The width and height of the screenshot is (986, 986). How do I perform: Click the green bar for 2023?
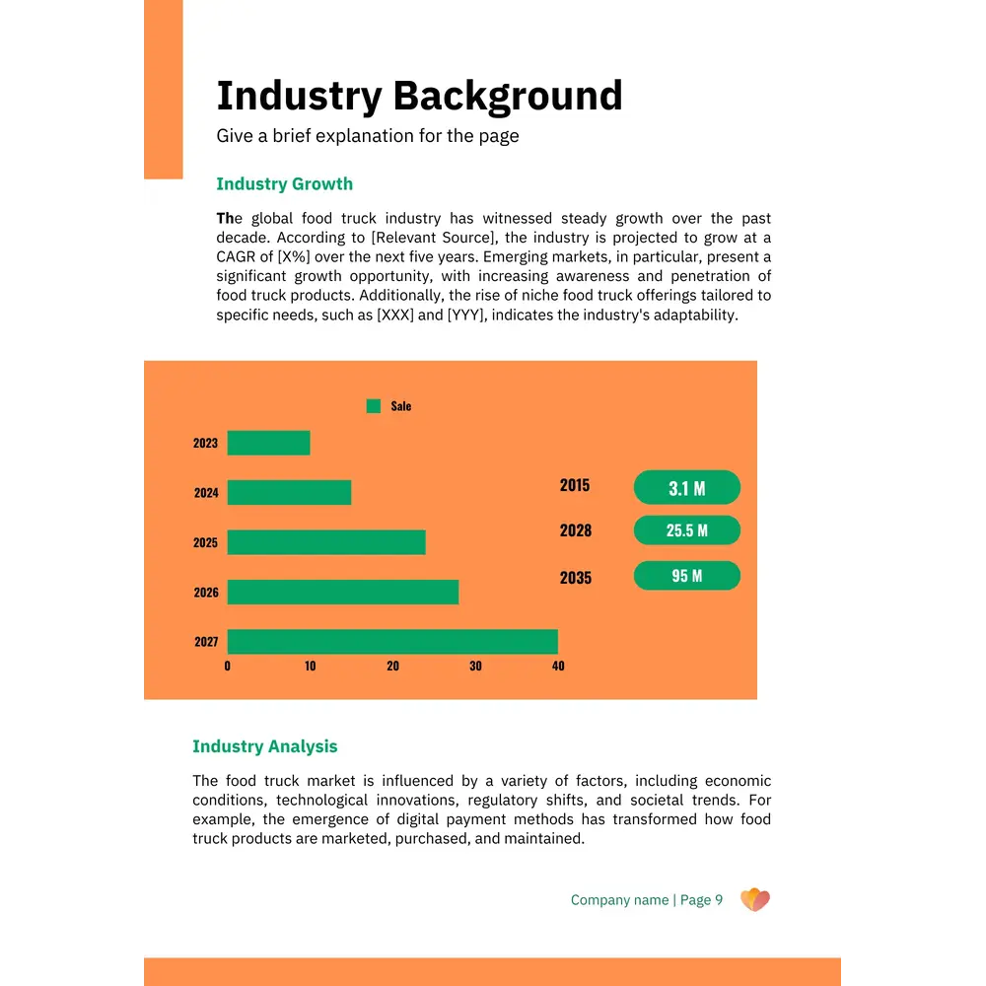pyautogui.click(x=268, y=443)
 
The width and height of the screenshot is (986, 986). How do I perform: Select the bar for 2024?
pyautogui.click(x=289, y=492)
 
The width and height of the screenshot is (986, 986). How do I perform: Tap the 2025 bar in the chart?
pyautogui.click(x=326, y=542)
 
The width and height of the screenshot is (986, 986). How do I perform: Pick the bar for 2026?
pyautogui.click(x=343, y=592)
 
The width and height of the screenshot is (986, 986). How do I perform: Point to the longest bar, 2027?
pyautogui.click(x=392, y=642)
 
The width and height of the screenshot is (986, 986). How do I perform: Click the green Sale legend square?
pyautogui.click(x=374, y=406)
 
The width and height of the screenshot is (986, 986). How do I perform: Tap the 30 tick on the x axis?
pyautogui.click(x=475, y=667)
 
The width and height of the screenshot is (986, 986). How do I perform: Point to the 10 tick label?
pyautogui.click(x=310, y=667)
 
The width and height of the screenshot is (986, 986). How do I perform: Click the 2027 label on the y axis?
pyautogui.click(x=206, y=642)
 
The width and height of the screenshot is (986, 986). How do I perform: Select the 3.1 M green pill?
pyautogui.click(x=686, y=488)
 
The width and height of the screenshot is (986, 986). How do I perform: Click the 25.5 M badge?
pyautogui.click(x=686, y=530)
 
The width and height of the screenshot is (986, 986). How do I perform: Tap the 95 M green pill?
pyautogui.click(x=686, y=576)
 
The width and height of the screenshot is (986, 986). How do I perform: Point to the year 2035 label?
pyautogui.click(x=576, y=578)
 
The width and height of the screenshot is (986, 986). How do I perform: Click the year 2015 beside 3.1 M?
pyautogui.click(x=575, y=485)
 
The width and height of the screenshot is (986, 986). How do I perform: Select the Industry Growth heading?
pyautogui.click(x=284, y=184)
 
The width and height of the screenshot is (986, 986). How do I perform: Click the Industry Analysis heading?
pyautogui.click(x=264, y=746)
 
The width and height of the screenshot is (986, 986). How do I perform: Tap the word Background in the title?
pyautogui.click(x=508, y=97)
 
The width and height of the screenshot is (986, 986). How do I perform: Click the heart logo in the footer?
pyautogui.click(x=754, y=899)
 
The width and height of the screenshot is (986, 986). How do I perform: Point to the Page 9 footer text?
pyautogui.click(x=701, y=900)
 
